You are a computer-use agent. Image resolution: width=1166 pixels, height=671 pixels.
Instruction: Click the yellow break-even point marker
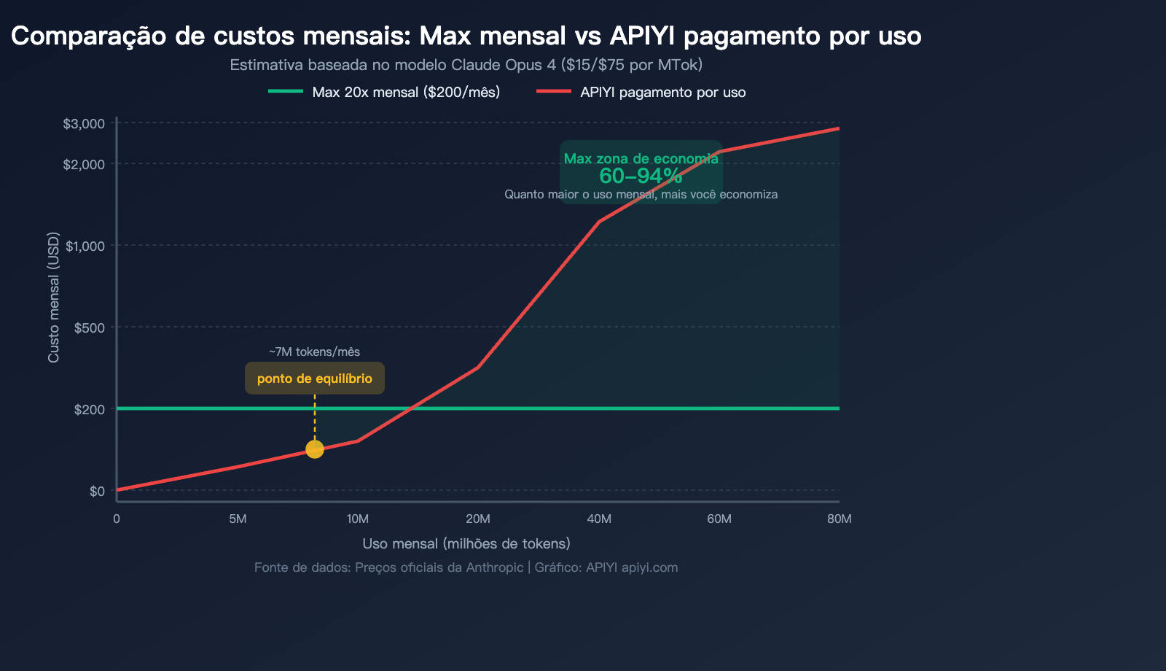tap(314, 449)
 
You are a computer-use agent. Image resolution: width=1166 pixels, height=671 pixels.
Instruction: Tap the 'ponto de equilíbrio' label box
tap(314, 379)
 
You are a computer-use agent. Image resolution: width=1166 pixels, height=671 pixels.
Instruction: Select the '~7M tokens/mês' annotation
tap(314, 352)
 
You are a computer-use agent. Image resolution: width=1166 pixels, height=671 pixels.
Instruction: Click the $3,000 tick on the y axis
tap(85, 124)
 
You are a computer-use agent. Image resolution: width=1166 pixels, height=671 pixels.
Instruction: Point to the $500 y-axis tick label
tap(90, 327)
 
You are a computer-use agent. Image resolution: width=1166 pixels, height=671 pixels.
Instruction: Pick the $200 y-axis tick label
tap(90, 409)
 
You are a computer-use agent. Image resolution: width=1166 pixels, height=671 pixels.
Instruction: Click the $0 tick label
tap(97, 491)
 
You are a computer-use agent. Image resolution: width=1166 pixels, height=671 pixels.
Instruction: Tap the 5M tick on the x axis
tap(238, 519)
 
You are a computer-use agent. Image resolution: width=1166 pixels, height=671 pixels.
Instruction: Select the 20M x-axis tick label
tap(478, 519)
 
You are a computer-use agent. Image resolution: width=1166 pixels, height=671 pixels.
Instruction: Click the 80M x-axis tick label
tap(839, 519)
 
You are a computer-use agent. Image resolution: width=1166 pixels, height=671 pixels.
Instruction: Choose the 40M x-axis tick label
tap(599, 519)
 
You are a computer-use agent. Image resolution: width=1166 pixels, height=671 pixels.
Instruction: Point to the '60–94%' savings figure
tap(641, 176)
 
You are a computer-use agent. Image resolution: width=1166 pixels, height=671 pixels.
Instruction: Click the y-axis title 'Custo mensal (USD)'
tap(53, 297)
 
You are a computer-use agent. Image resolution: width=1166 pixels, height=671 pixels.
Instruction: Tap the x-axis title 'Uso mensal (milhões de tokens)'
tap(466, 543)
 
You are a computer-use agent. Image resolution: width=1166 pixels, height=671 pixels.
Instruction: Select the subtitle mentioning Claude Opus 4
tap(466, 65)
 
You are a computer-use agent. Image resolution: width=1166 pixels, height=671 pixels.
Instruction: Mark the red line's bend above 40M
tap(599, 221)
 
